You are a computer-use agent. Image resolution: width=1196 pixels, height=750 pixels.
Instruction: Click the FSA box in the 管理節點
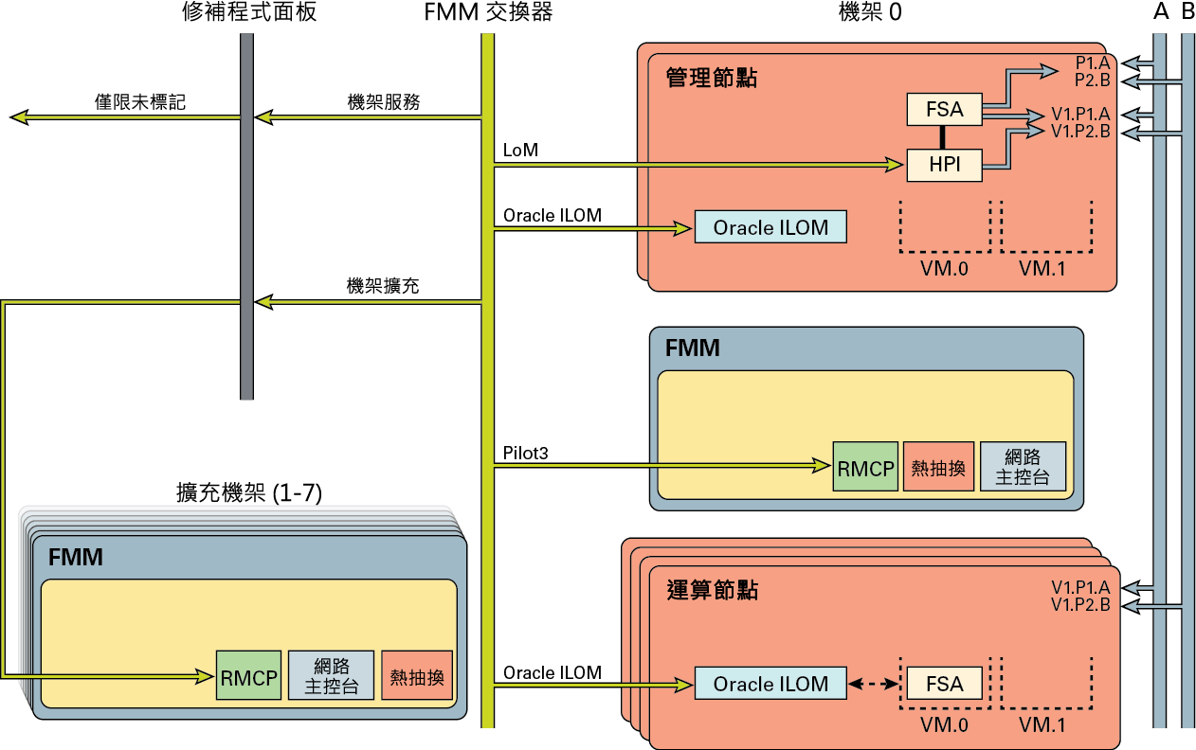tap(944, 110)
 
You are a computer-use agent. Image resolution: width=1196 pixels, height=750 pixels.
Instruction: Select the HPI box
tap(944, 165)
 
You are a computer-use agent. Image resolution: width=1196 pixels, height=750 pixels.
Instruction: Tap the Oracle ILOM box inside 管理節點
tap(770, 228)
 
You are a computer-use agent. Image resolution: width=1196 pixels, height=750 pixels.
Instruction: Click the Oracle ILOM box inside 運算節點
tap(770, 684)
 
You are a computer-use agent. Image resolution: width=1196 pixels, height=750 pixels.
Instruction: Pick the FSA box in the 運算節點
tap(944, 684)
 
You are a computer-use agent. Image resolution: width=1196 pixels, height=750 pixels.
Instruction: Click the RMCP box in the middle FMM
tap(864, 467)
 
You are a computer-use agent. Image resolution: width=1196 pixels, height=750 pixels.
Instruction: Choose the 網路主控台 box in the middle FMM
tap(1022, 467)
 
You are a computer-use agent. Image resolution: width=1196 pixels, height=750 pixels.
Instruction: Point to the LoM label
tap(519, 151)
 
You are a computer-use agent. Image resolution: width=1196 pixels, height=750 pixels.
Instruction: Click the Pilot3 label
tap(526, 453)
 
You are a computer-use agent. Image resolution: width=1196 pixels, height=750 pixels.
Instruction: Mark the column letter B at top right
tap(1187, 12)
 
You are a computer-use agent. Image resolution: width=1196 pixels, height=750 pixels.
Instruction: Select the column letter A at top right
tap(1160, 12)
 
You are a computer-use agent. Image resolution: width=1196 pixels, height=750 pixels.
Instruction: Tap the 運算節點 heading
tap(712, 590)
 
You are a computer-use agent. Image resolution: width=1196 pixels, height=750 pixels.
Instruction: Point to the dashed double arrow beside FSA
tap(873, 684)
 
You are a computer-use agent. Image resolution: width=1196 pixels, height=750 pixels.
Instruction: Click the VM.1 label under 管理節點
tap(1042, 268)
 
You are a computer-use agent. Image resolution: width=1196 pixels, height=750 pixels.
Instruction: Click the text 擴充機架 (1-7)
tap(254, 231)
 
